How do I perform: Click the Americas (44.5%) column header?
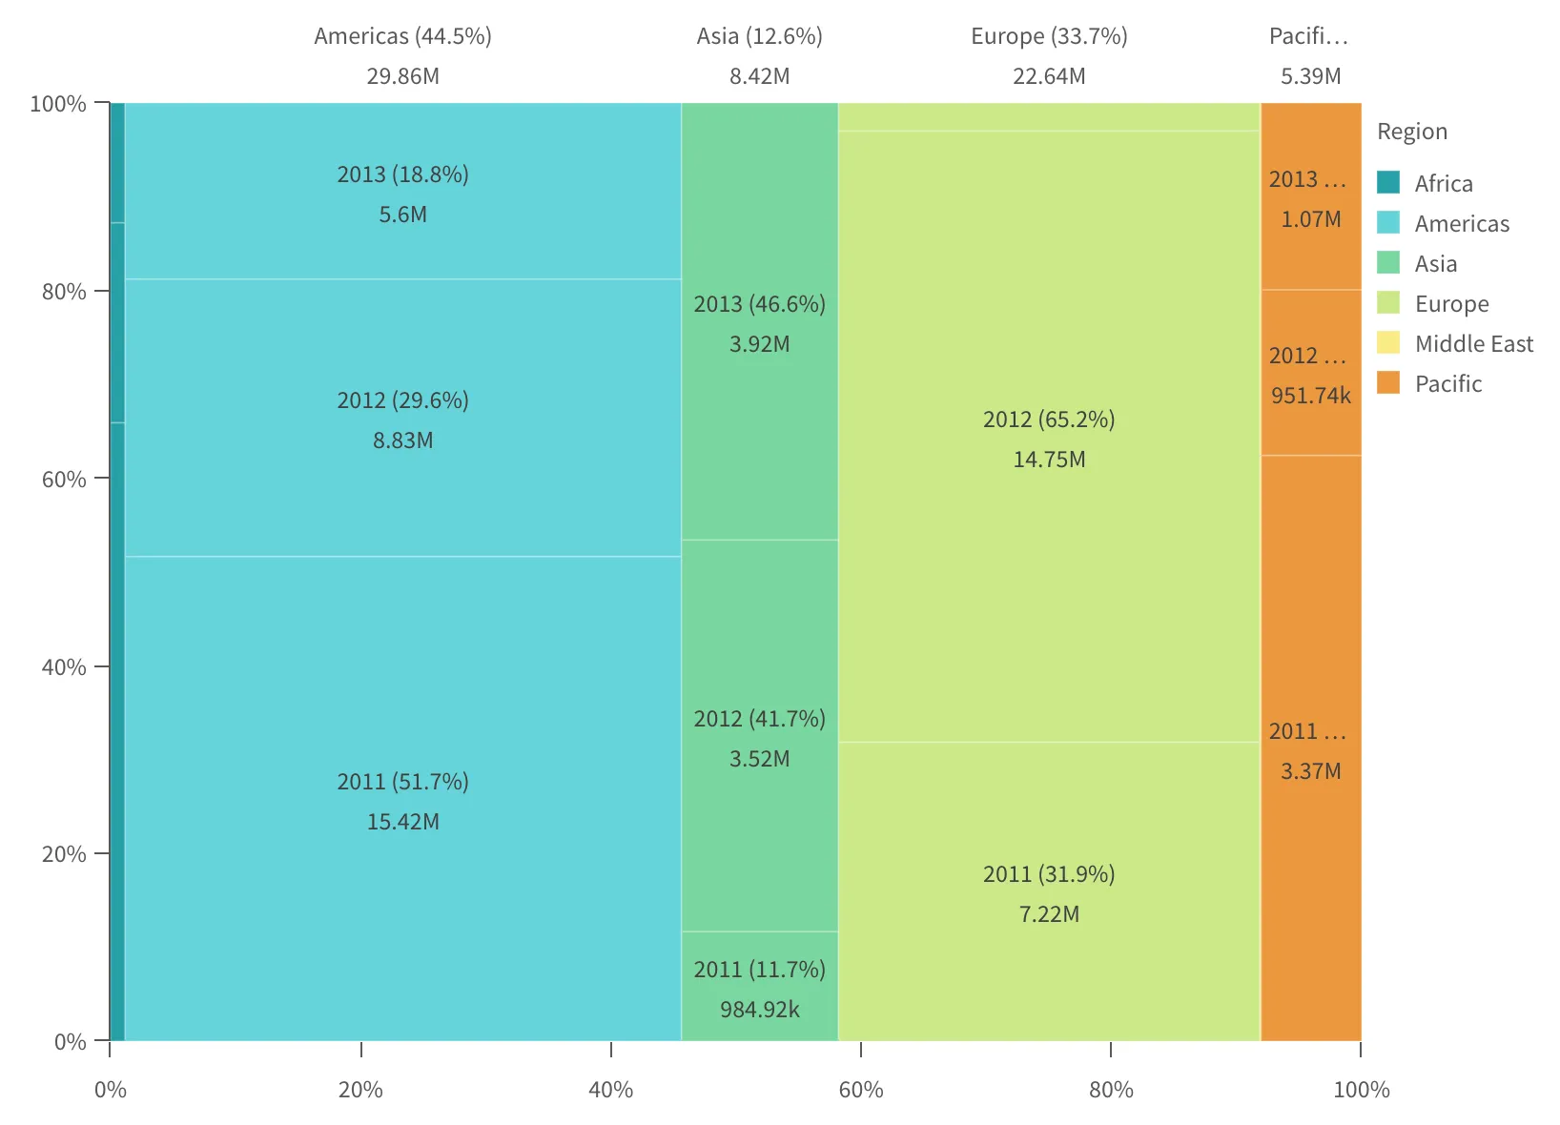pyautogui.click(x=402, y=36)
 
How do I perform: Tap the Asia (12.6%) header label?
pyautogui.click(x=759, y=36)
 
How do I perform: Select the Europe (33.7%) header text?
pyautogui.click(x=1049, y=36)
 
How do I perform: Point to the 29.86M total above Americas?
pyautogui.click(x=402, y=76)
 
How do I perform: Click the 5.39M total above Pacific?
pyautogui.click(x=1310, y=76)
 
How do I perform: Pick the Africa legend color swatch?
pyautogui.click(x=1388, y=182)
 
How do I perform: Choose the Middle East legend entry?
pyautogui.click(x=1473, y=343)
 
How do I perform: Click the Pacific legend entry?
pyautogui.click(x=1447, y=383)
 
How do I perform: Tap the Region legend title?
pyautogui.click(x=1411, y=132)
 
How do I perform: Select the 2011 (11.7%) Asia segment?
pyautogui.click(x=759, y=970)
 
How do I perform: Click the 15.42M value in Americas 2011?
pyautogui.click(x=402, y=822)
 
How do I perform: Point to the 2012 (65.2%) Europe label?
pyautogui.click(x=1049, y=419)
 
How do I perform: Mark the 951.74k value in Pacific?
pyautogui.click(x=1310, y=396)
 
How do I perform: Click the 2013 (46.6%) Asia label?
pyautogui.click(x=759, y=304)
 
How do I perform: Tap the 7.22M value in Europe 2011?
pyautogui.click(x=1049, y=914)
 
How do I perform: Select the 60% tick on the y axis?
pyautogui.click(x=65, y=479)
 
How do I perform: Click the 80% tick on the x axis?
pyautogui.click(x=1111, y=1089)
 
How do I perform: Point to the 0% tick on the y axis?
pyautogui.click(x=71, y=1041)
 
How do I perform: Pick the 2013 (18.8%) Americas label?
pyautogui.click(x=402, y=174)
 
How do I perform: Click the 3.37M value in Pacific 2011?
pyautogui.click(x=1310, y=771)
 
